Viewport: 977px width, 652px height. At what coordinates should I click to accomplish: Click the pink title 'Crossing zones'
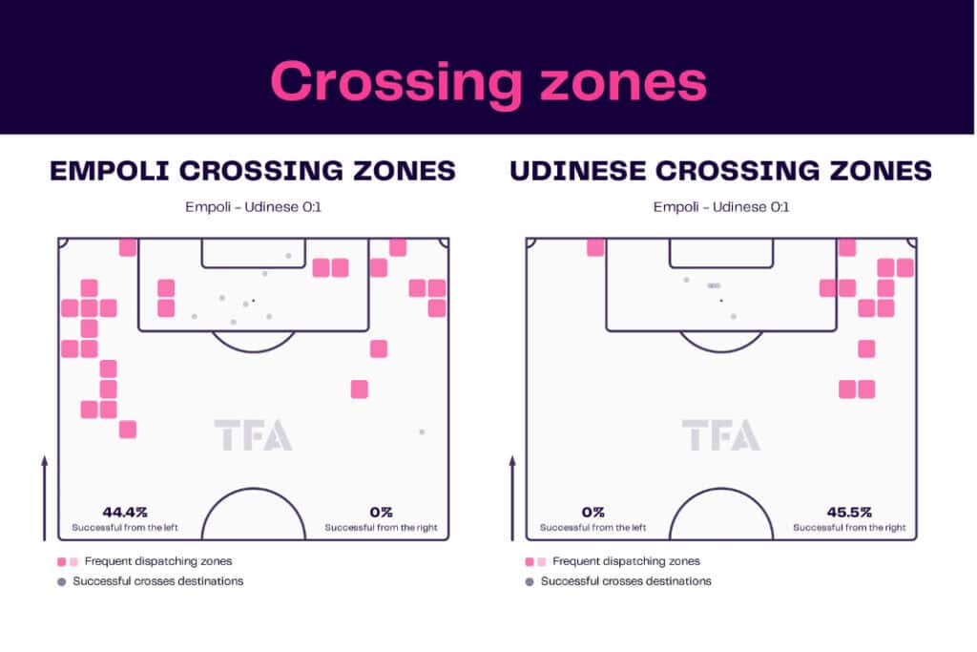488,82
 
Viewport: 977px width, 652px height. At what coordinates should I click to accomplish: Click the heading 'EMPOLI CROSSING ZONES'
253,171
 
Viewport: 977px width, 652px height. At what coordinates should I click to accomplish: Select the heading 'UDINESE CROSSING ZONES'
721,171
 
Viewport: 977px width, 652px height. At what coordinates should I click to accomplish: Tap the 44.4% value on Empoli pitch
125,513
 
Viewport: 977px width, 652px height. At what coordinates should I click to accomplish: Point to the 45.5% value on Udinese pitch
849,513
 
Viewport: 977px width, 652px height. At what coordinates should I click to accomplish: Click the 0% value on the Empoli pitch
381,513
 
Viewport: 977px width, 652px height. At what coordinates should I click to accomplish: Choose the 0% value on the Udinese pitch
592,513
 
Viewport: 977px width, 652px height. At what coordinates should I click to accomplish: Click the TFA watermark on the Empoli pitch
253,435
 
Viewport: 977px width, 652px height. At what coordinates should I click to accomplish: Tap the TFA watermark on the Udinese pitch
721,435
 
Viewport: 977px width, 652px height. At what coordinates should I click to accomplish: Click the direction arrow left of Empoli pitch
44,498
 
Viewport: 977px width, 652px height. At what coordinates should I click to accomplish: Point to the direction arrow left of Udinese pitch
512,498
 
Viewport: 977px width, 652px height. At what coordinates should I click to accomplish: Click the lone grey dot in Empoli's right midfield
422,431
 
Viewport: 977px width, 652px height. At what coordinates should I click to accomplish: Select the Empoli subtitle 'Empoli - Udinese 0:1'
253,207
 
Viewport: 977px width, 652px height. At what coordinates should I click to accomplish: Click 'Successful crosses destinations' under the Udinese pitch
626,581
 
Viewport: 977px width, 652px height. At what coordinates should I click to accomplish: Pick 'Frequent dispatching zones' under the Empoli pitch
158,561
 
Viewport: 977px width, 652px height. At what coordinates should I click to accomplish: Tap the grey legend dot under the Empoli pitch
61,582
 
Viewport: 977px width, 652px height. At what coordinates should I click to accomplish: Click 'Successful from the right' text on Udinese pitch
849,528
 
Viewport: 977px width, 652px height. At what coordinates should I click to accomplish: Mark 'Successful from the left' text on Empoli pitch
125,528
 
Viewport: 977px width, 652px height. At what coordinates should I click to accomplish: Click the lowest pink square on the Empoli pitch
128,430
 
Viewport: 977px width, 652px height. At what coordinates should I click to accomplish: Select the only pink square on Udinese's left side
595,247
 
